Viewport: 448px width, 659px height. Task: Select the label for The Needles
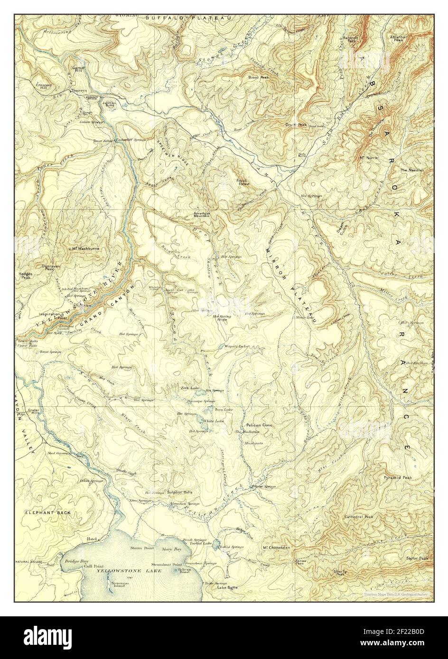(x=411, y=170)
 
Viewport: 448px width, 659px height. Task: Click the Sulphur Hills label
(x=178, y=493)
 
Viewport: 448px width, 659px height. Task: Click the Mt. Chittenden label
(x=276, y=548)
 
